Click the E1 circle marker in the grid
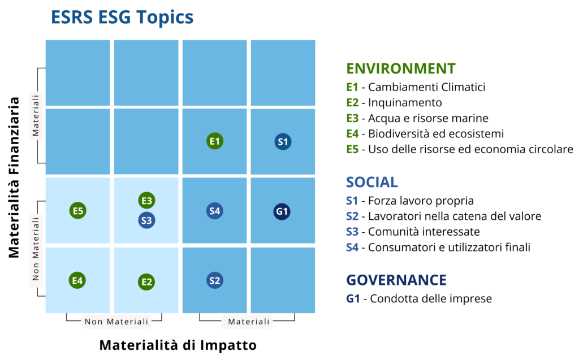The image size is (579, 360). pos(215,141)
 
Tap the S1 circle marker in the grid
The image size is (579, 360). pos(283,141)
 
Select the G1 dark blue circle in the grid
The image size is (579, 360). pos(282,212)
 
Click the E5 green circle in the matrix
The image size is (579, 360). pos(78,211)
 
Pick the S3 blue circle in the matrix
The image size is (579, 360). pos(146,220)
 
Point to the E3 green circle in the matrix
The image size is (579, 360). pos(146,200)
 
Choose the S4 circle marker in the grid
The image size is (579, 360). pos(214,211)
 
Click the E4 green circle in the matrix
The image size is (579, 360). pos(77,280)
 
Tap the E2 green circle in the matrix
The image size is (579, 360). pos(146,281)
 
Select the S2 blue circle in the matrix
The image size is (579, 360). pos(214,280)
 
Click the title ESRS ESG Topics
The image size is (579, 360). pos(122,18)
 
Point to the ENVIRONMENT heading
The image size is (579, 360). pos(401,68)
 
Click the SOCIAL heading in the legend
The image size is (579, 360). pos(372,182)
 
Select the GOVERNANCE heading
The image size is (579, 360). pos(396,280)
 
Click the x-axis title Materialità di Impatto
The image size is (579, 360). pos(178,345)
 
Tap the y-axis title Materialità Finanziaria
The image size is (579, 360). pos(15,177)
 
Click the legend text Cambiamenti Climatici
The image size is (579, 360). pos(427,87)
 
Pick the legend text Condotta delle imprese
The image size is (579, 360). pos(430,298)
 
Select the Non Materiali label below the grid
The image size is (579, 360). pos(116,322)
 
